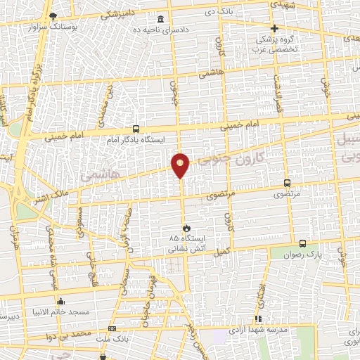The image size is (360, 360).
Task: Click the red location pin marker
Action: [x=181, y=165]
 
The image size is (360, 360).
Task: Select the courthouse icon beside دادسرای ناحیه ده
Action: [x=161, y=18]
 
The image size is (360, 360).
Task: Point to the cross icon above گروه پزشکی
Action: [x=274, y=28]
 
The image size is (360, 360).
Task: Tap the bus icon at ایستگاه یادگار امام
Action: [x=136, y=129]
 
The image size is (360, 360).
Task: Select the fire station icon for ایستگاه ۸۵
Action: [x=186, y=228]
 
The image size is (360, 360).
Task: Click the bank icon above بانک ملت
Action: [x=112, y=329]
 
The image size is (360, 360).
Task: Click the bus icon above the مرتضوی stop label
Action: [x=287, y=181]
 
